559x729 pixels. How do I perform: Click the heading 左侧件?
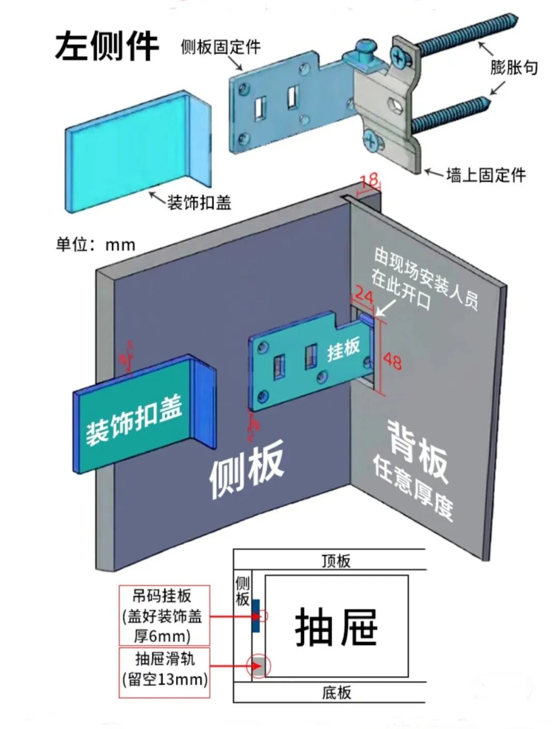coord(106,46)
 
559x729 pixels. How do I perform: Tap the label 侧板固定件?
coord(220,47)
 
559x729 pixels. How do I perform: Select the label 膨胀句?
coord(514,67)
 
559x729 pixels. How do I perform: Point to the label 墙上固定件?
coord(486,175)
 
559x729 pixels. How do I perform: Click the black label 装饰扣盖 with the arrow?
coord(199,202)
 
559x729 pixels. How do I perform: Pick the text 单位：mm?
coord(96,244)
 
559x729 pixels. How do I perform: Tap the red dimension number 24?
coord(364,296)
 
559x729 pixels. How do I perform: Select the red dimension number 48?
coord(392,361)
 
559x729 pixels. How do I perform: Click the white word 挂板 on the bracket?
coord(343,349)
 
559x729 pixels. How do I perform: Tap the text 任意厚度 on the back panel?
coord(413,487)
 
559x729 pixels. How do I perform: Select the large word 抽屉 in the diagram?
coord(336,627)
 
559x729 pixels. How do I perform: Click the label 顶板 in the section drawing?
coord(336,561)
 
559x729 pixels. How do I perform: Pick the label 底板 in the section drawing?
coord(336,692)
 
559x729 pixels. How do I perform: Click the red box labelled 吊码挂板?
coord(164,615)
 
